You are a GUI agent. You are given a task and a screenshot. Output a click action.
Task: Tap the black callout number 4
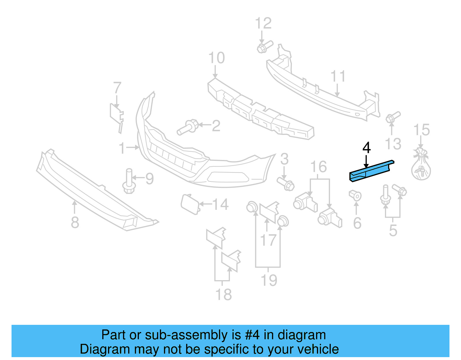point(366,148)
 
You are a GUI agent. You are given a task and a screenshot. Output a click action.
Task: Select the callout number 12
point(263,23)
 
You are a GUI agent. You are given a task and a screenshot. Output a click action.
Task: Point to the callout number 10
point(216,58)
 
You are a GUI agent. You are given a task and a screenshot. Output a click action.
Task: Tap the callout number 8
point(75,223)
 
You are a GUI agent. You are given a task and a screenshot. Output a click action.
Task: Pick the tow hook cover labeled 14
point(190,204)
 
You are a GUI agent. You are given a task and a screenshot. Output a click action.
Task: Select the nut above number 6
point(356,195)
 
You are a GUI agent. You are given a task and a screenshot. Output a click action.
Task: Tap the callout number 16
point(319,167)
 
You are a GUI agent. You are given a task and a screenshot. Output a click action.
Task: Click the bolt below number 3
point(286,184)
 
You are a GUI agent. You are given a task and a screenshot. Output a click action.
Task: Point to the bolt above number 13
point(392,117)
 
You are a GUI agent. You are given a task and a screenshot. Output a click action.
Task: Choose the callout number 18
point(223,295)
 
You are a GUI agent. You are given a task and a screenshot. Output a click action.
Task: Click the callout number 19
point(269,280)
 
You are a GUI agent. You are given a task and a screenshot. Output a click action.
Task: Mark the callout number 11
point(338,76)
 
